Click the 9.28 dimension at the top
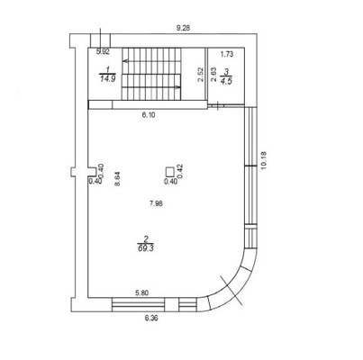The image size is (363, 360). coord(183,29)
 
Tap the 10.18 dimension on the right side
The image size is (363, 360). coord(264,161)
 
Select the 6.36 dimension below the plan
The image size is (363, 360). coord(151,318)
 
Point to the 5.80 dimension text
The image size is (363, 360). coord(142,292)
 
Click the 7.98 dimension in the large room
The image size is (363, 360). coord(156,203)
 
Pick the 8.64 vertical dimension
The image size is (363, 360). coord(117,179)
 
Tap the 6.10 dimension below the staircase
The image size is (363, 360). coord(149,114)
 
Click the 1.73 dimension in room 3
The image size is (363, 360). coord(227,54)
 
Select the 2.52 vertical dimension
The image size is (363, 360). coord(201,75)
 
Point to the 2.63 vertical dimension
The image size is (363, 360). coord(213,75)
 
